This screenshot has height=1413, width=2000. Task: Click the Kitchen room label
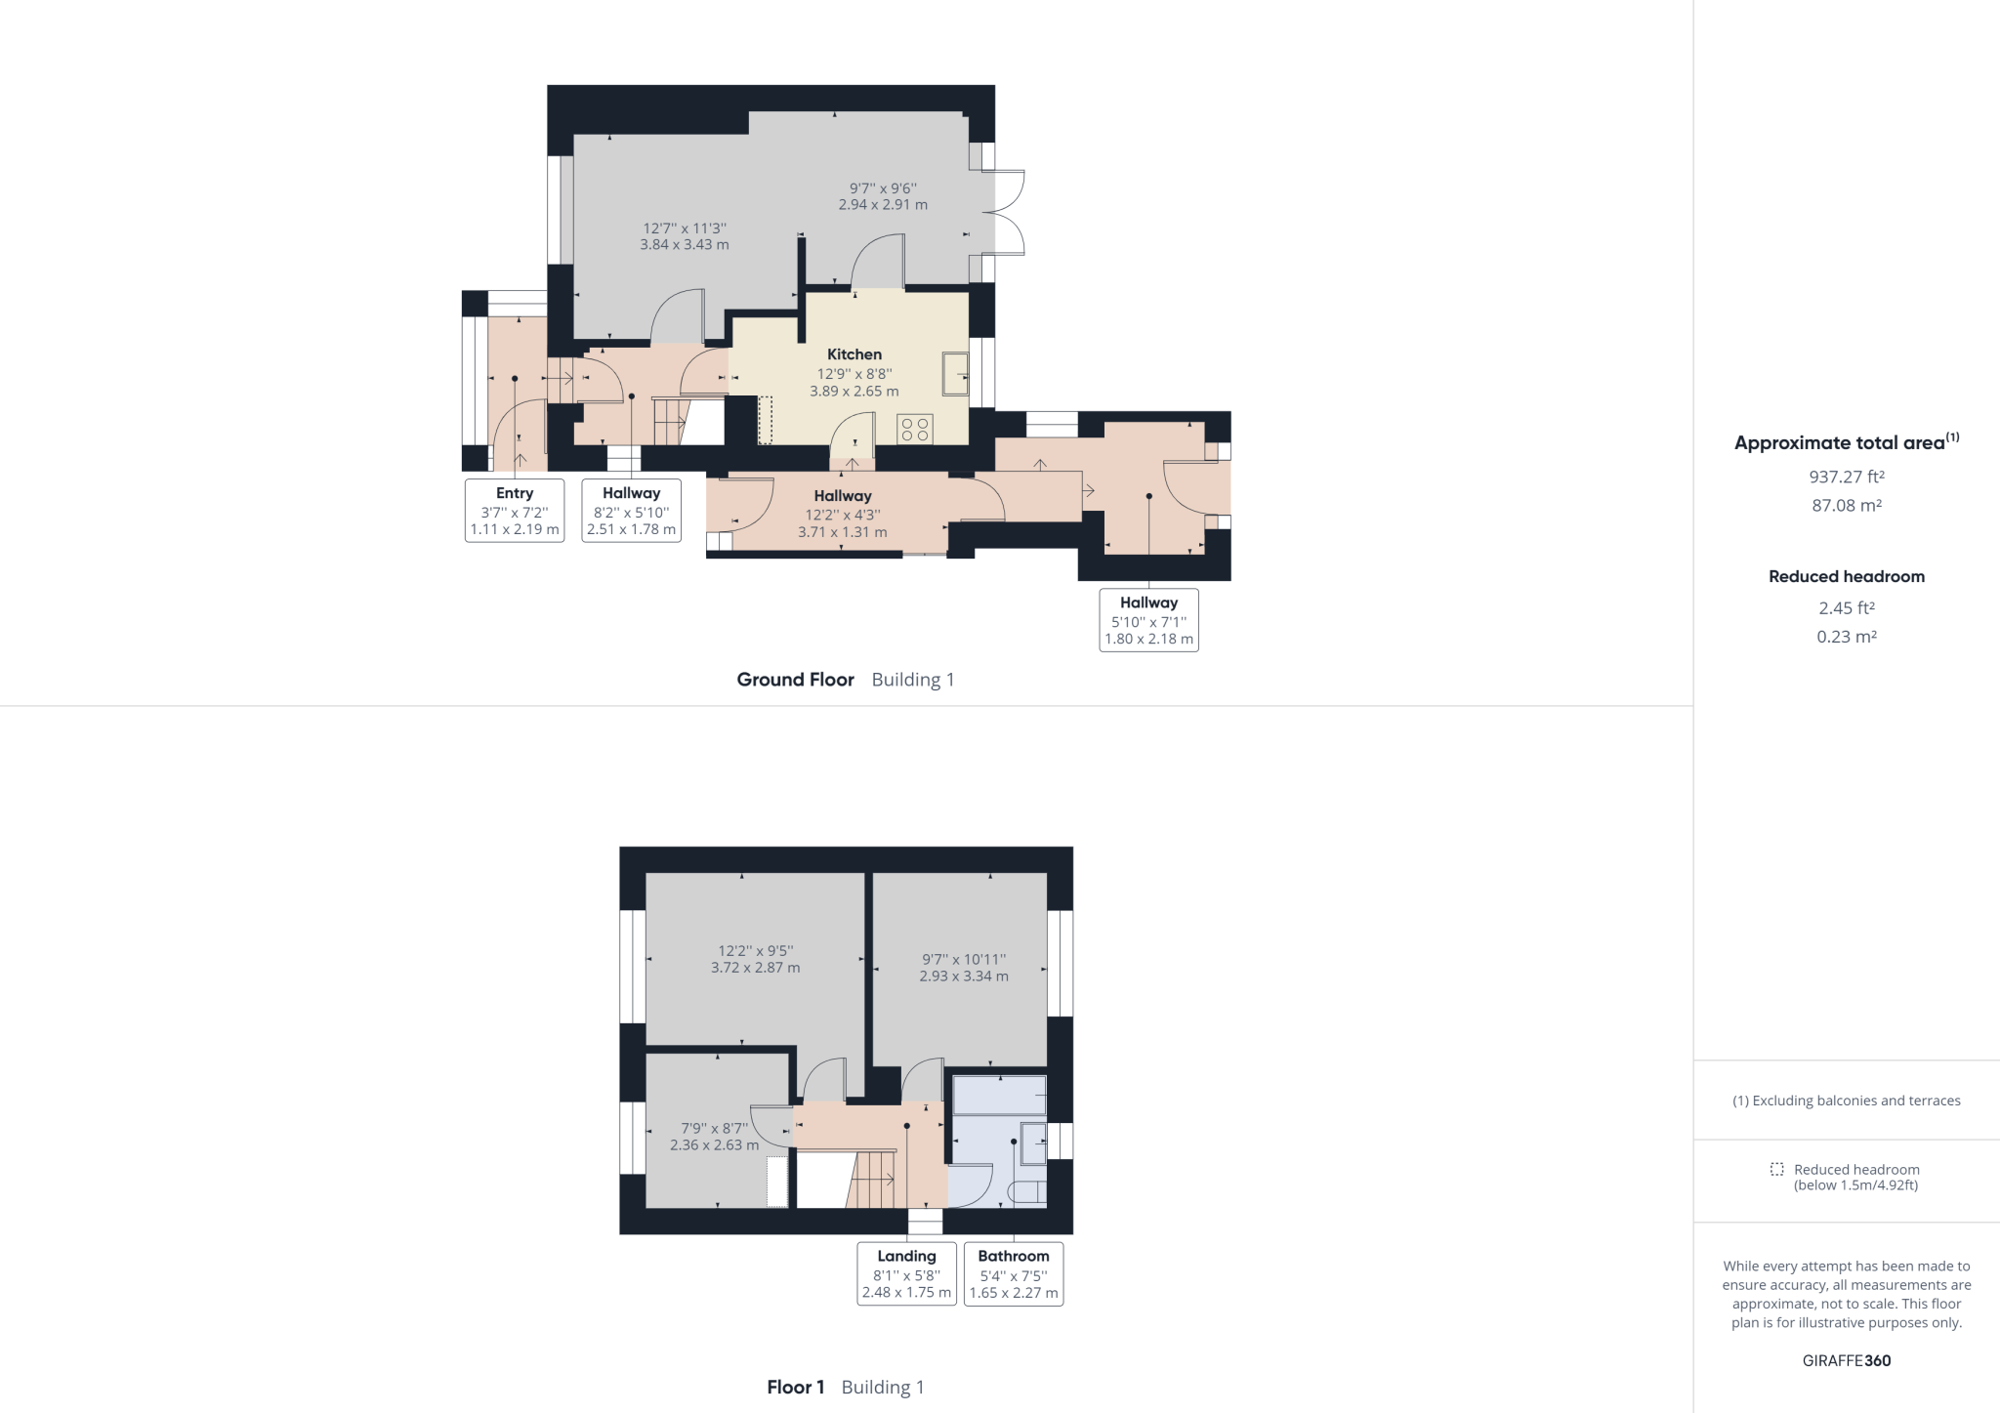854,354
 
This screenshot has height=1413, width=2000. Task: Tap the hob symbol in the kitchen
915,429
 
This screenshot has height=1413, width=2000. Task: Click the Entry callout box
515,511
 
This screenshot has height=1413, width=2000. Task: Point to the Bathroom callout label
1013,1273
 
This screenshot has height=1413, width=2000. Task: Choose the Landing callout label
906,1273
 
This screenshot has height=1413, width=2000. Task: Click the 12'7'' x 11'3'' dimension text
684,236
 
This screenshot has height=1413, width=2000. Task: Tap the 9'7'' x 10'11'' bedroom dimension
964,968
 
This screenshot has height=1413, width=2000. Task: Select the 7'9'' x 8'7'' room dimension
714,1137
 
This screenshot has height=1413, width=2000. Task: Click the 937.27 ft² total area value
1846,478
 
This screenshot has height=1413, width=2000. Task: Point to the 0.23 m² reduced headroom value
1846,637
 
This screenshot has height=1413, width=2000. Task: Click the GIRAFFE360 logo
1846,1360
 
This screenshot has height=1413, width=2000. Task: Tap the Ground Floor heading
795,680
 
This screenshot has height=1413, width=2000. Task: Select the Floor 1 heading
795,1387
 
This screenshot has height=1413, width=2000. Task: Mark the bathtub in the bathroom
999,1096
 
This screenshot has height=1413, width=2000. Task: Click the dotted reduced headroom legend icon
1776,1169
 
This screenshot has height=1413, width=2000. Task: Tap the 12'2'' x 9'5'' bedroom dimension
755,959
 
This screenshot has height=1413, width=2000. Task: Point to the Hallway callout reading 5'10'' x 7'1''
1148,620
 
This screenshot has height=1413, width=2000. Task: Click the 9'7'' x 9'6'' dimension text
883,196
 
